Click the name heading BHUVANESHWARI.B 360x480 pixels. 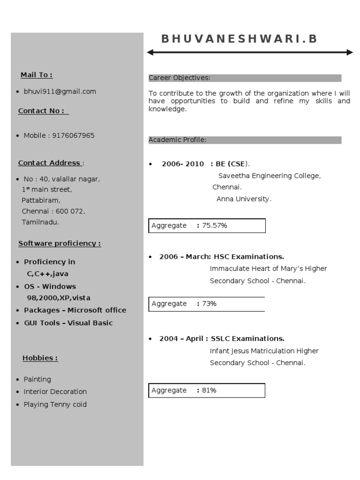click(x=239, y=39)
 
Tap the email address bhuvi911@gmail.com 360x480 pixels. click(x=60, y=92)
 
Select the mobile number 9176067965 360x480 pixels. click(x=73, y=135)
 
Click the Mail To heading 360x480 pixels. click(x=37, y=75)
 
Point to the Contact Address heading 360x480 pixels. click(x=49, y=163)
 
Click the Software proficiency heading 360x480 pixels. click(x=60, y=244)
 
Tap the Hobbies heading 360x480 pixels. click(x=40, y=358)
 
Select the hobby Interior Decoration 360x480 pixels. click(x=55, y=391)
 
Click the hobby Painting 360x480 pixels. click(x=37, y=379)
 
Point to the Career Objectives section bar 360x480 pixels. click(x=245, y=78)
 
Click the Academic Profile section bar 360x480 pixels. click(x=245, y=140)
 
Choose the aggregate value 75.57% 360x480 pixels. click(x=215, y=225)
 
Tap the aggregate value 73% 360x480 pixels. click(x=209, y=304)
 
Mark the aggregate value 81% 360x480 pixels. click(x=209, y=390)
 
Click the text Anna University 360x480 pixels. click(x=244, y=199)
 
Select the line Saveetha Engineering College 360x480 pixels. click(x=270, y=176)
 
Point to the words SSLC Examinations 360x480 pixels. click(x=247, y=338)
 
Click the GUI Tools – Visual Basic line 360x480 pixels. click(x=68, y=323)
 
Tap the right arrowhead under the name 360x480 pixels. click(x=350, y=52)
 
